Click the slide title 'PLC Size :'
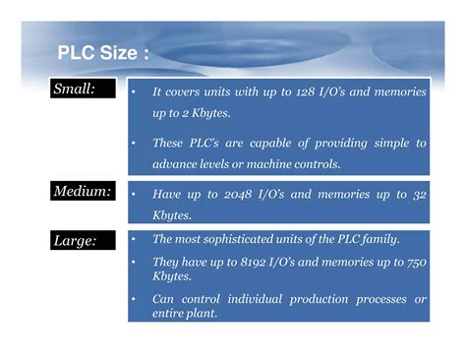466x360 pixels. point(103,52)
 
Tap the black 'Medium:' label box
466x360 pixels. point(87,191)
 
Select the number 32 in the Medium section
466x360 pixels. point(419,195)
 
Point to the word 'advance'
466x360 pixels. point(173,163)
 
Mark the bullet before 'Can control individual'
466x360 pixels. point(134,299)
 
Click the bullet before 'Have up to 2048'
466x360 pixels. point(134,195)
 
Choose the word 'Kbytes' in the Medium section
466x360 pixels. point(173,213)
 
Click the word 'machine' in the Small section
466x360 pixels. point(284,163)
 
